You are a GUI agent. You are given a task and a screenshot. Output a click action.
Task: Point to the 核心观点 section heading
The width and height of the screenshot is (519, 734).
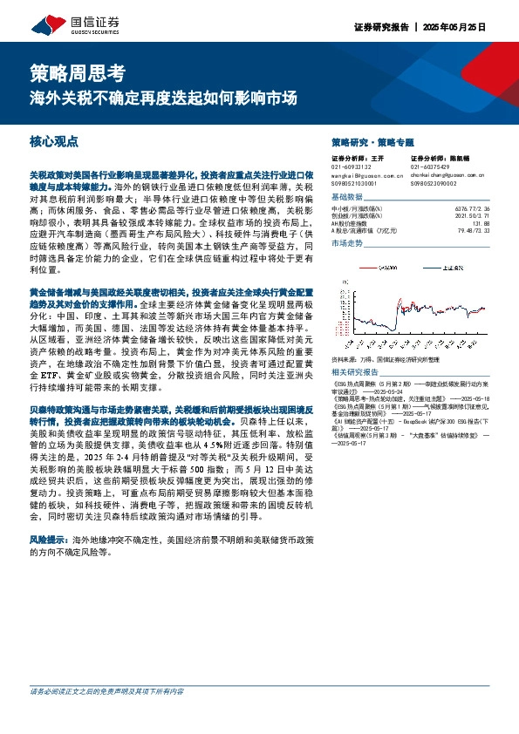coord(54,139)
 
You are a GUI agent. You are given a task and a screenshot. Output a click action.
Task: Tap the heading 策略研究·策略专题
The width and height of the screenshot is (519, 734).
coord(372,141)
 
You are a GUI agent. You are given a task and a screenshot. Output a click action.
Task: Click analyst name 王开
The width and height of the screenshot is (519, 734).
coord(378,159)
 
